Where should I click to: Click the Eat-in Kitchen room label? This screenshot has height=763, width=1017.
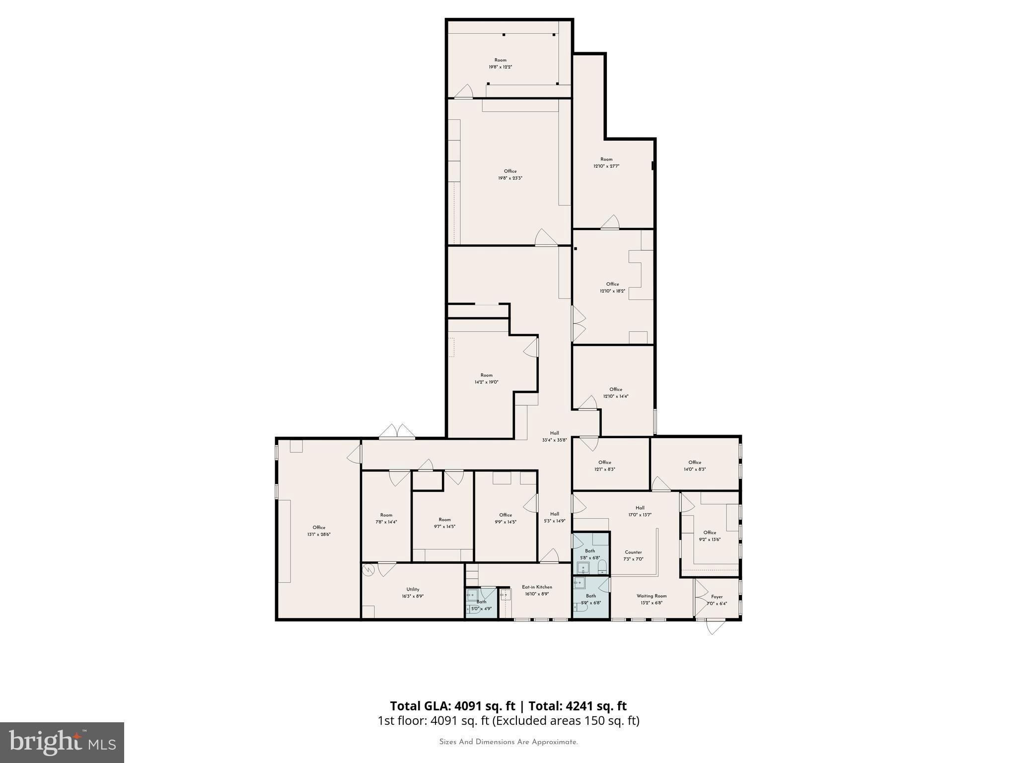[537, 587]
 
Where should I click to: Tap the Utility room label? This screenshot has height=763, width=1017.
[413, 590]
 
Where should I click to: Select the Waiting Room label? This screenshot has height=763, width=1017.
[652, 596]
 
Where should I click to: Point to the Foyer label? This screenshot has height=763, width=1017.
[717, 597]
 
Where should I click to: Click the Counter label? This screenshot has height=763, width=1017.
[633, 552]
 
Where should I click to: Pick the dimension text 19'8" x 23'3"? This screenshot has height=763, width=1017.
[510, 178]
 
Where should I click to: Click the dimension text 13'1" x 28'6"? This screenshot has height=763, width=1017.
[319, 534]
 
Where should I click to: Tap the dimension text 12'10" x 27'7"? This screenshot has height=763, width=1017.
[606, 166]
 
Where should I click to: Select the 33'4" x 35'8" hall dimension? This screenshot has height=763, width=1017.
[554, 440]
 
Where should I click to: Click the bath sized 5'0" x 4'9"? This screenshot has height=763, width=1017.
[481, 605]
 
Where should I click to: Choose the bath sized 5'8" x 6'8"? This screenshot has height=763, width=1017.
[590, 554]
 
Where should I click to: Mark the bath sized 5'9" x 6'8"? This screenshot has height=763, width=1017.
[590, 600]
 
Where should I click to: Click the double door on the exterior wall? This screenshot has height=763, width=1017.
[397, 432]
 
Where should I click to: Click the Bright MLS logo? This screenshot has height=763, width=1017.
[62, 742]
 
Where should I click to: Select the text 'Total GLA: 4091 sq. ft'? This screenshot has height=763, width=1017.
[452, 706]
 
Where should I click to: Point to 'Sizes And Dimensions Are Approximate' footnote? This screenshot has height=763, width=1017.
[508, 742]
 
